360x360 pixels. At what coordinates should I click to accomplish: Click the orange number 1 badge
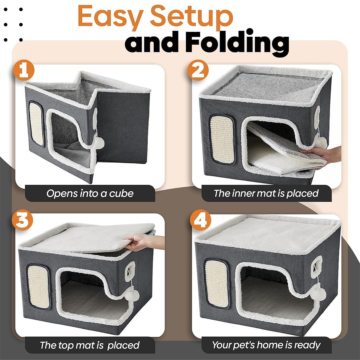[24, 70]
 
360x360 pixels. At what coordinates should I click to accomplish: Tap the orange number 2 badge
[198, 70]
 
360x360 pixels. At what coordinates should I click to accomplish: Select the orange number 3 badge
[23, 220]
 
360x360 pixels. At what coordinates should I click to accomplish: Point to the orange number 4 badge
[200, 220]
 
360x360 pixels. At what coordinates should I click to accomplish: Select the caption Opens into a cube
[90, 193]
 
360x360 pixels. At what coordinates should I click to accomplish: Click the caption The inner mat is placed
[266, 193]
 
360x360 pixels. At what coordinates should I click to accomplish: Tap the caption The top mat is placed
[90, 345]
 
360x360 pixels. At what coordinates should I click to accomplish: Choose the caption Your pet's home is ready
[266, 345]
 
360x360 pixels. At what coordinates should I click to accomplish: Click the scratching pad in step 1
[36, 124]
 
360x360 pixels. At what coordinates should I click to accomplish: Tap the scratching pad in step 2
[222, 139]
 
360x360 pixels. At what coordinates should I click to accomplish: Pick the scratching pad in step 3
[39, 287]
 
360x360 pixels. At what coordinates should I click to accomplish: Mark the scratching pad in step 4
[217, 284]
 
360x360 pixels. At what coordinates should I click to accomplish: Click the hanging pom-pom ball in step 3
[132, 295]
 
